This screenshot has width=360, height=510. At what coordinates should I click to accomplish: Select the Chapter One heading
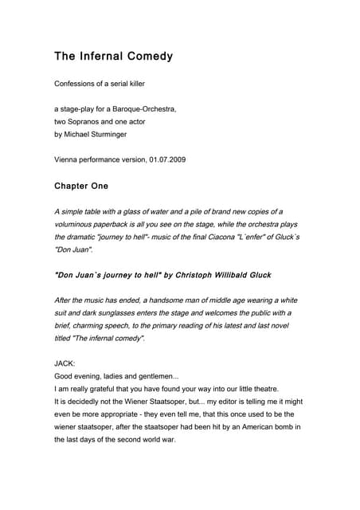coord(81,186)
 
